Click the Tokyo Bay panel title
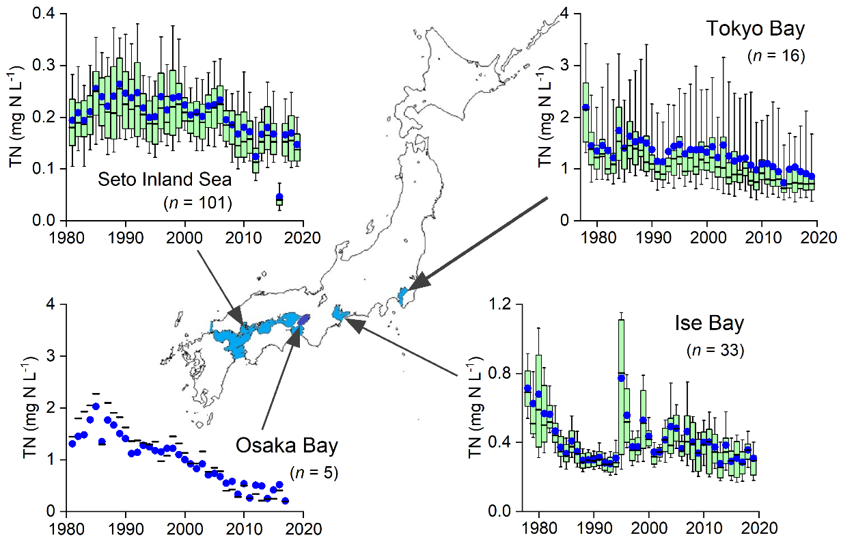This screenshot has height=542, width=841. pos(756,29)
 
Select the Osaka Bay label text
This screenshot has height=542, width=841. pos(287,446)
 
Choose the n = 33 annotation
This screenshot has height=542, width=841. pos(715,351)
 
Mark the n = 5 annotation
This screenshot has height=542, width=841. pos(314,472)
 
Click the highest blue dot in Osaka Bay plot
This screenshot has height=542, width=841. pos(96,407)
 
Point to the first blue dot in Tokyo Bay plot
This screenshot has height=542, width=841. pos(585,107)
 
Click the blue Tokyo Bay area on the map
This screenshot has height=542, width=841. pos(402,296)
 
